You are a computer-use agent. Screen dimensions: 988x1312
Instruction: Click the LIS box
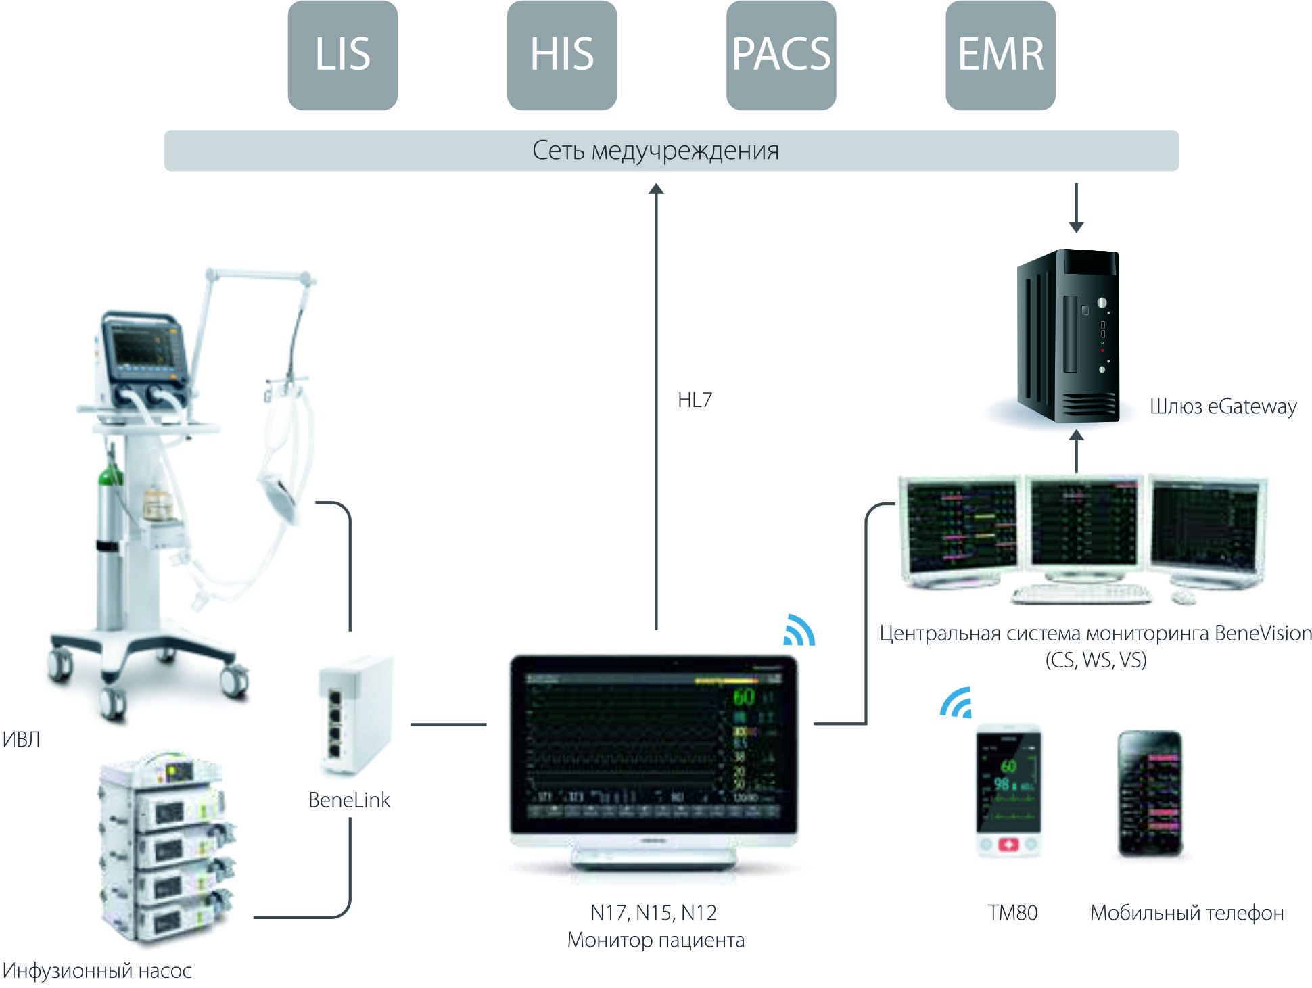click(x=342, y=55)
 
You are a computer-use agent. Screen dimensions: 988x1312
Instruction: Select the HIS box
click(x=561, y=55)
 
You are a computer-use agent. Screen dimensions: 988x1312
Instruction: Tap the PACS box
click(x=780, y=55)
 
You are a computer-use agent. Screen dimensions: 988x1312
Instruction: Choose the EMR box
click(x=1000, y=55)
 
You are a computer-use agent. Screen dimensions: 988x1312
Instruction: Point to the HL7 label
click(x=695, y=400)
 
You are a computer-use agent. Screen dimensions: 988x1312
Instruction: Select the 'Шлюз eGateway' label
click(x=1223, y=406)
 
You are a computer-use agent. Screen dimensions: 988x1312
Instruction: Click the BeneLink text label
click(x=349, y=800)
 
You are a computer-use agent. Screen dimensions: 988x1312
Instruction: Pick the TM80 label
click(x=1012, y=913)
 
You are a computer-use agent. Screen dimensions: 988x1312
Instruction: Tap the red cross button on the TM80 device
click(x=1008, y=845)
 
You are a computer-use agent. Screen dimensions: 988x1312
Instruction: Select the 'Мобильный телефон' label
click(x=1186, y=913)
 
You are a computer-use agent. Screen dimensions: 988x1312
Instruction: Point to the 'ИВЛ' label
click(x=22, y=740)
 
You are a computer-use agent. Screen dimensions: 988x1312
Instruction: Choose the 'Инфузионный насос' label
click(x=97, y=971)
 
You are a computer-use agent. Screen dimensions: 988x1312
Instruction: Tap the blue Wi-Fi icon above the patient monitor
click(x=799, y=631)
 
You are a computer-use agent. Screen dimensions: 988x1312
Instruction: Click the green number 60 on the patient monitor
click(x=744, y=697)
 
